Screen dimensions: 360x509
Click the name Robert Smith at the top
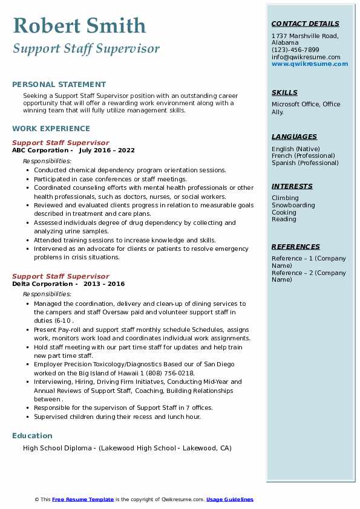(79, 25)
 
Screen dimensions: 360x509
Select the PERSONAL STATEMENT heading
(59, 85)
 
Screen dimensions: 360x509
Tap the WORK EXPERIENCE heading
(51, 129)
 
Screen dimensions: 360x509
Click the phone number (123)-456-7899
(295, 50)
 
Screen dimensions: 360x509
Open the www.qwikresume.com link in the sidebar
(310, 64)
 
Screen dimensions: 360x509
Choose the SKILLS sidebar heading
(284, 92)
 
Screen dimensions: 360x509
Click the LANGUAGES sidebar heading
(294, 137)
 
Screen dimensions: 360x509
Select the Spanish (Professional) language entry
(305, 163)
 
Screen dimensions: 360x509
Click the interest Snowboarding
(293, 206)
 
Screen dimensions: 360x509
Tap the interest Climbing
(285, 198)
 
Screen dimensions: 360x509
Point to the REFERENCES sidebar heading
(296, 247)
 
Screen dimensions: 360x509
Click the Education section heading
(32, 436)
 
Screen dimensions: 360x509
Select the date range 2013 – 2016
(104, 284)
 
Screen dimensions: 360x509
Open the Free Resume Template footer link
(83, 499)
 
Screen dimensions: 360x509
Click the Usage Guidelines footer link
(230, 499)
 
